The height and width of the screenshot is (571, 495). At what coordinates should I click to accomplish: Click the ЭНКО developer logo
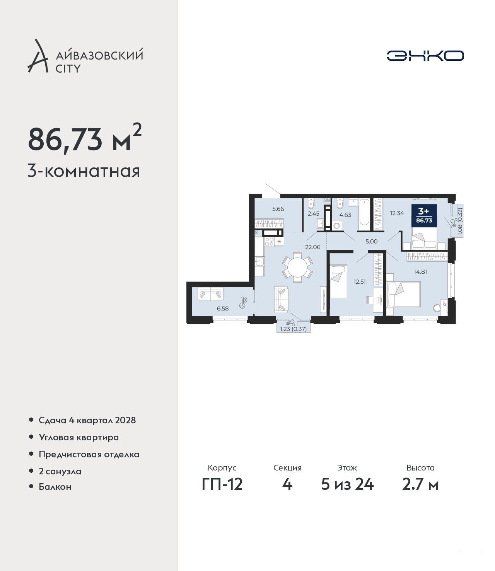425,56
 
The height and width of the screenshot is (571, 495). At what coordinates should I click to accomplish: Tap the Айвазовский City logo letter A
38,56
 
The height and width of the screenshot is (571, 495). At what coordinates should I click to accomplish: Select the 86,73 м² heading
85,138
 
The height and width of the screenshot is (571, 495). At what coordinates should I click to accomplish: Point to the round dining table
297,267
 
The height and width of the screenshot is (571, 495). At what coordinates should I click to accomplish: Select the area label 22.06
312,247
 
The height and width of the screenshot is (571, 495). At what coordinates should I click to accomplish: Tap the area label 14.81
420,271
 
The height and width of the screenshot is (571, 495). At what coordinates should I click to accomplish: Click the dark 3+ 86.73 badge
424,216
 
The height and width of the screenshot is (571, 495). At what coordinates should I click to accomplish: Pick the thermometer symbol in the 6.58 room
243,302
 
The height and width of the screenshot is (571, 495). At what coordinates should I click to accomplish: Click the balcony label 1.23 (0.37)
293,329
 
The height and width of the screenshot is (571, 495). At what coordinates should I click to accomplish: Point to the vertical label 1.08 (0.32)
460,222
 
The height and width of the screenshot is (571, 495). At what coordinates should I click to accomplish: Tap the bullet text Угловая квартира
79,437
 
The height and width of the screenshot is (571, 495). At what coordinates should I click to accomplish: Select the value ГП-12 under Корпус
222,484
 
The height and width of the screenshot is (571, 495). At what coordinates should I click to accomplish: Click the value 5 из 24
347,484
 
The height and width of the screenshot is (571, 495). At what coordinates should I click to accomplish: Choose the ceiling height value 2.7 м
420,484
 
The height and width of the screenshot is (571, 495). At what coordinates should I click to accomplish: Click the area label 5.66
278,209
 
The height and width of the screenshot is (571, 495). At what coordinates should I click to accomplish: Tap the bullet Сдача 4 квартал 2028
87,420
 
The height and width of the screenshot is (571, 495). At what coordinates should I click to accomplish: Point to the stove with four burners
269,242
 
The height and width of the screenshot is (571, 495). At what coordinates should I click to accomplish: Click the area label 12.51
360,282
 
